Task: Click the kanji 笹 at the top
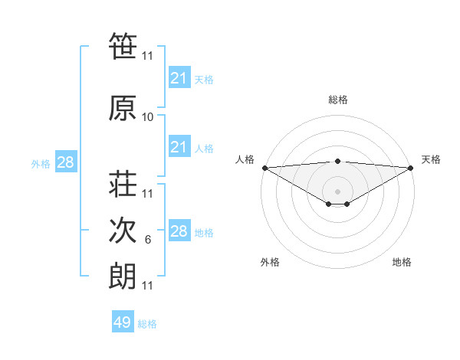pos(123,47)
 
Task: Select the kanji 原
pos(123,109)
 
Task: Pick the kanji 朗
pos(123,277)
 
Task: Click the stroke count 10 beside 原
pos(148,117)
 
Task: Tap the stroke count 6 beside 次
pos(148,240)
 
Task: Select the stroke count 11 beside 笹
pos(148,56)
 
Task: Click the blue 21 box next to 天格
pos(179,78)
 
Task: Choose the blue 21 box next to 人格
pos(179,147)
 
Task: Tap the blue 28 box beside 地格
pos(179,231)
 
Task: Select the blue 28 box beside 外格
pos(65,162)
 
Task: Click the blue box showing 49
pos(123,322)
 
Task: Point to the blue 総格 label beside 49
pos(147,324)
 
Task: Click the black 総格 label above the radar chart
pos(338,100)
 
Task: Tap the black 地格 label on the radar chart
pos(402,263)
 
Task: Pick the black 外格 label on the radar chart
pos(270,263)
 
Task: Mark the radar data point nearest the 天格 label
pos(411,168)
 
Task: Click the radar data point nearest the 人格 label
pos(264,168)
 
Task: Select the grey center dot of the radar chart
pos(337,191)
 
